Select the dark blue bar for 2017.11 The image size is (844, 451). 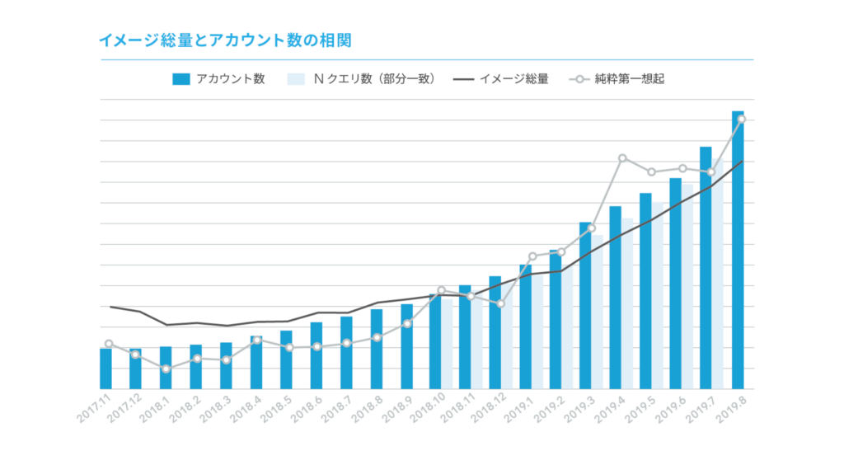[x=105, y=369]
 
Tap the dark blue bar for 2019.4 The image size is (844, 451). [x=616, y=298]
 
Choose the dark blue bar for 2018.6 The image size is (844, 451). [x=316, y=355]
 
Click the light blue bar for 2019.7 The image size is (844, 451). [x=718, y=280]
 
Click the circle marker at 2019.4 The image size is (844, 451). [x=622, y=158]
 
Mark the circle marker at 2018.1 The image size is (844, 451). [x=166, y=369]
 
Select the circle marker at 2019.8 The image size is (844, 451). [x=742, y=120]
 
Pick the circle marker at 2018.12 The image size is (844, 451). [x=501, y=304]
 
